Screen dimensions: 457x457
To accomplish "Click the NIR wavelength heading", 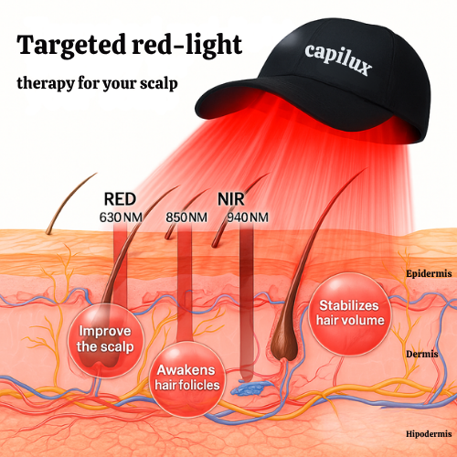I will click(x=232, y=197).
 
